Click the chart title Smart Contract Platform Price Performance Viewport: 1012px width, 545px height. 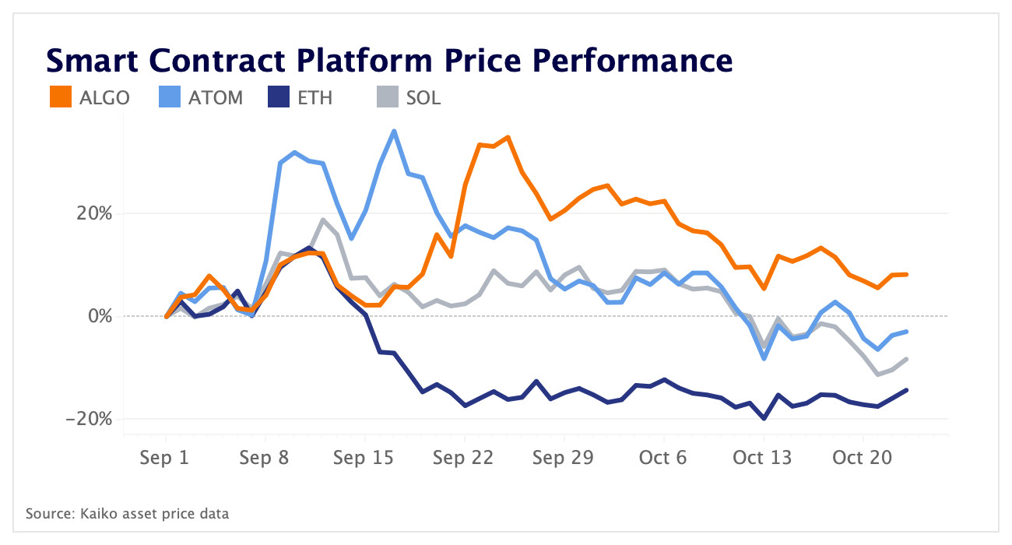pyautogui.click(x=388, y=60)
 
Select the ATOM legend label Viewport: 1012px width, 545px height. pyautogui.click(x=216, y=98)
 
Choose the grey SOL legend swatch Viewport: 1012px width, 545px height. pyautogui.click(x=385, y=97)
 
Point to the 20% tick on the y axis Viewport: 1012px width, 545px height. pyautogui.click(x=93, y=213)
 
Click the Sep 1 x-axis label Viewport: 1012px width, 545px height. pyautogui.click(x=165, y=458)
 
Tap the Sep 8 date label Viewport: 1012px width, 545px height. pyautogui.click(x=265, y=458)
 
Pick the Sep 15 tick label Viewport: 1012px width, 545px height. pyautogui.click(x=364, y=458)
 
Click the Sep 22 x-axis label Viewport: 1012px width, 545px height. pyautogui.click(x=464, y=458)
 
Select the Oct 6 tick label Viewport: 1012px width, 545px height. pyautogui.click(x=663, y=458)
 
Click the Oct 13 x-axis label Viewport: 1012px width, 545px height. pyautogui.click(x=763, y=458)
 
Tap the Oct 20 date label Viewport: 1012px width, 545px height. pyautogui.click(x=863, y=458)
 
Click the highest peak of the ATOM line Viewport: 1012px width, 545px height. pyautogui.click(x=394, y=131)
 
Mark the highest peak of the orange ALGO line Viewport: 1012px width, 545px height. pyautogui.click(x=508, y=137)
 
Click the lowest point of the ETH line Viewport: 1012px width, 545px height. pyautogui.click(x=764, y=419)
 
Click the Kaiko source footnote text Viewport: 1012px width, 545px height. pyautogui.click(x=128, y=514)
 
